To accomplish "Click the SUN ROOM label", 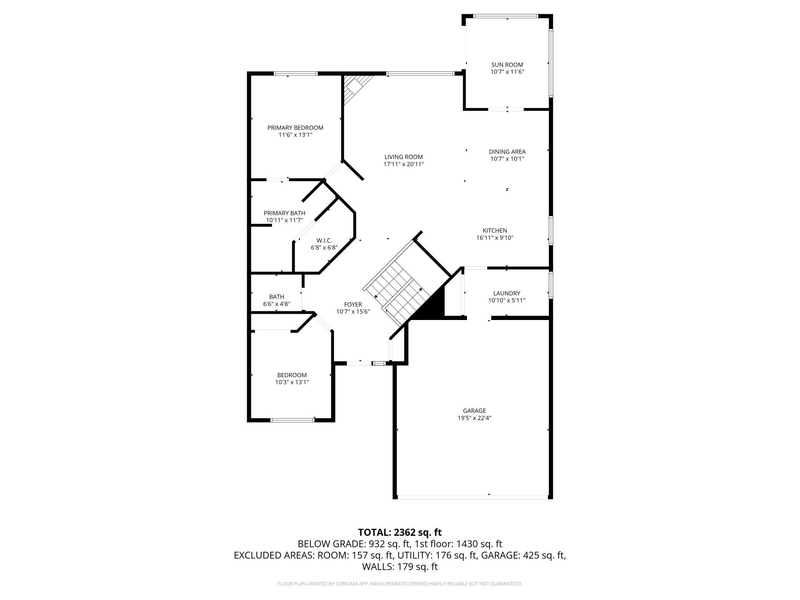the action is coord(507,65).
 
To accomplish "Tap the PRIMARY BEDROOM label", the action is coord(295,128).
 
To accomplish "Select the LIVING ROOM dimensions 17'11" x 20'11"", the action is coord(403,164).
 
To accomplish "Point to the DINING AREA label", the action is coord(507,152).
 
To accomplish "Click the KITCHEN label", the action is coord(495,230).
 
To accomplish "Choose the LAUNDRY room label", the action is coord(507,293).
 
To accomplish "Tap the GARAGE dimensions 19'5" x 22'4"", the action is coord(474,418).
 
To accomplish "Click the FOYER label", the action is coord(353,305).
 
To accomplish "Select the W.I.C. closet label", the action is coord(324,240).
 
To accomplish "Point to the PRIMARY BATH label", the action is coord(285,213).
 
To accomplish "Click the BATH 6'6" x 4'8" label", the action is coord(277,300).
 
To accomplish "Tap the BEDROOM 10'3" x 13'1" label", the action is coord(292,378).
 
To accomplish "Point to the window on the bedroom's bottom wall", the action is coord(293,420).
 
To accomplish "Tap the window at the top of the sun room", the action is coord(505,16).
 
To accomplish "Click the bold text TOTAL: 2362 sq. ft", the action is coord(400,532).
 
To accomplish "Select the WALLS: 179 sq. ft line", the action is coord(400,567).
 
